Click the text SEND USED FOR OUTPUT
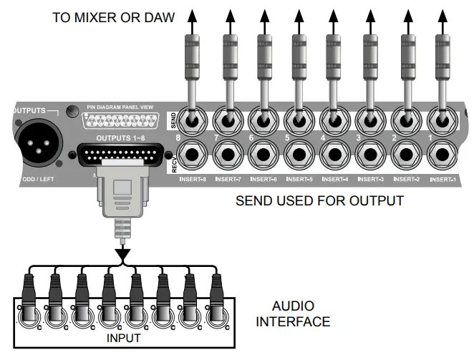319,201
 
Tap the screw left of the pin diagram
72,112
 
